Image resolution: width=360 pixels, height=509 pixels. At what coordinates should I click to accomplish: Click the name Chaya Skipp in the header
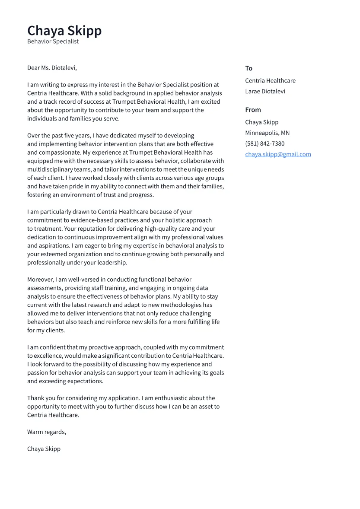coord(64,31)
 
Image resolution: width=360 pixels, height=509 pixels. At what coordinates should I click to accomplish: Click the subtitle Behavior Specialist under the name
coord(53,41)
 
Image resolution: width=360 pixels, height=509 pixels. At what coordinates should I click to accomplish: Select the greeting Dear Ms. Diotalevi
coord(52,68)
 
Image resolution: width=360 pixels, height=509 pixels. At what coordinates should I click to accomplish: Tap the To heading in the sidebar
coord(248,68)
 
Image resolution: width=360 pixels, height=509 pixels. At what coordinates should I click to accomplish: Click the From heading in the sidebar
coord(253,110)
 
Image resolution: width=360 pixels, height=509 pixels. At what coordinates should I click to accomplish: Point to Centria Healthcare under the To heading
coord(270,81)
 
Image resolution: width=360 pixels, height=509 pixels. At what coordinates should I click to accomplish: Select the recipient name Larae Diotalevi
coord(265,91)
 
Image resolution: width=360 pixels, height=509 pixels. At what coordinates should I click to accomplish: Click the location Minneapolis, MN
coord(267,133)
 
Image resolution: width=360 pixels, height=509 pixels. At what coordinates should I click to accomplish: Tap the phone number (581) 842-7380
coord(264,143)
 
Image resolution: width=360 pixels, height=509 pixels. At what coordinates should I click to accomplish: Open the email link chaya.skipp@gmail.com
coord(278,154)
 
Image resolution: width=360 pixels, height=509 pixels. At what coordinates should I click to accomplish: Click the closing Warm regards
coord(46,432)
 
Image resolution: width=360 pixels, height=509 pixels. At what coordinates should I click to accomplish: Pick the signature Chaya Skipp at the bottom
coord(44,449)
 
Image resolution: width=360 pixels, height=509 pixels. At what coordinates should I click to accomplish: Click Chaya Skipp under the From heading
coord(261,122)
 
